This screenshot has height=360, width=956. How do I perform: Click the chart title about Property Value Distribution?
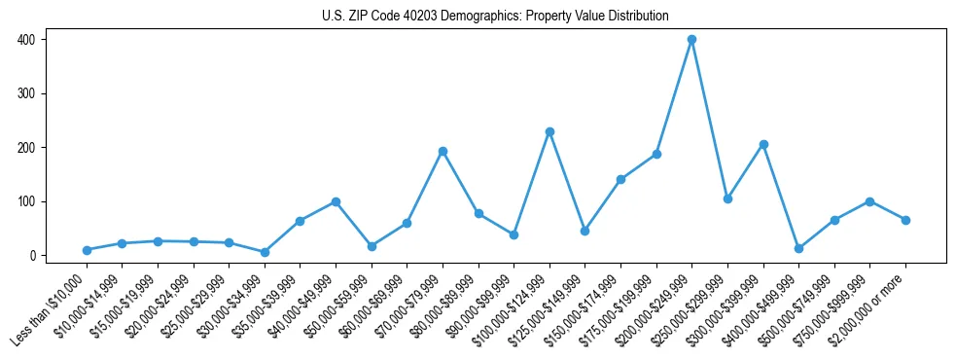pyautogui.click(x=495, y=16)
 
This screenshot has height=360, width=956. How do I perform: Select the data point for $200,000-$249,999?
pyautogui.click(x=691, y=40)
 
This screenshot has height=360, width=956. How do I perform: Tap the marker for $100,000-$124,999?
pyautogui.click(x=549, y=131)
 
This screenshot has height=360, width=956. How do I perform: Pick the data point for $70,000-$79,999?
pyautogui.click(x=443, y=151)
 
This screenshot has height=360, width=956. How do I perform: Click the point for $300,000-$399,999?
pyautogui.click(x=763, y=144)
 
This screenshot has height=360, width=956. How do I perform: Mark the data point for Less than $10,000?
pyautogui.click(x=87, y=250)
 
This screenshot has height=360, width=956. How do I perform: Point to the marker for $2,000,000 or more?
pyautogui.click(x=905, y=220)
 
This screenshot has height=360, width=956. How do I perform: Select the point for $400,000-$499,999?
pyautogui.click(x=798, y=248)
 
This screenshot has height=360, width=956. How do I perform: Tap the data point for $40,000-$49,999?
pyautogui.click(x=336, y=201)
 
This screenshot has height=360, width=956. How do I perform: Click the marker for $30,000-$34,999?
pyautogui.click(x=265, y=252)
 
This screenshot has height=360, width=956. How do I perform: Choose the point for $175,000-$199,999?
pyautogui.click(x=656, y=154)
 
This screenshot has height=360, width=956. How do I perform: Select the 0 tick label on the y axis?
pyautogui.click(x=34, y=256)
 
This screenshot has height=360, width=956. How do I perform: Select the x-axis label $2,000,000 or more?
pyautogui.click(x=872, y=306)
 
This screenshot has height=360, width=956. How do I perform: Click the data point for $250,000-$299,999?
pyautogui.click(x=727, y=198)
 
